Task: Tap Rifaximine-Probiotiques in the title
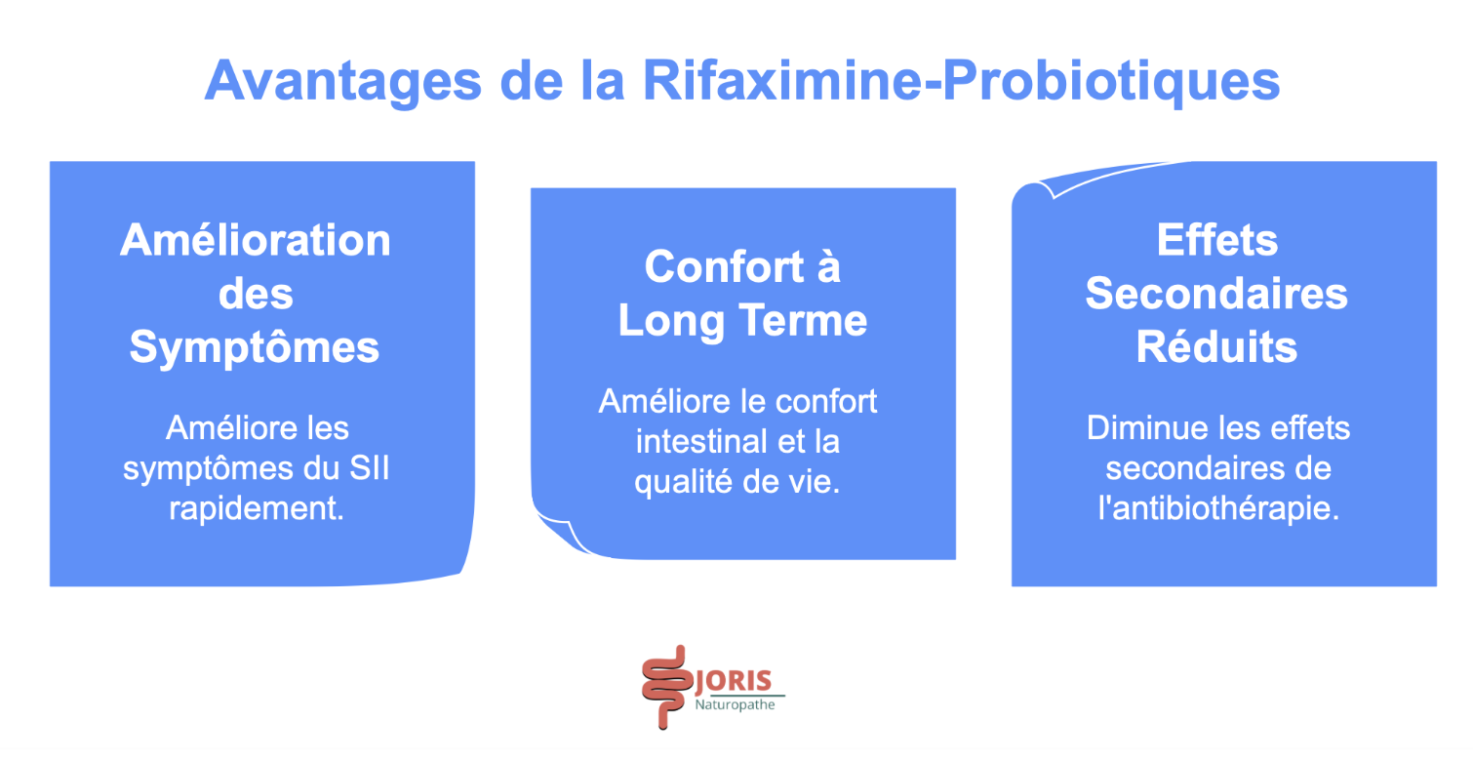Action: click(960, 81)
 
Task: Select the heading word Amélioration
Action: click(256, 241)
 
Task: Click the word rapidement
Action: click(256, 508)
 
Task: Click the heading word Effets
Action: click(1216, 241)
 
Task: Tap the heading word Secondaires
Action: click(1216, 294)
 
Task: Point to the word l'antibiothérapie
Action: click(1216, 508)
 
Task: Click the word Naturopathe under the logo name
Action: click(735, 704)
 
